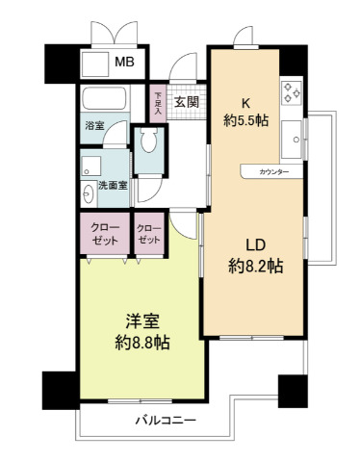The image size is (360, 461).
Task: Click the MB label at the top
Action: [x=124, y=62]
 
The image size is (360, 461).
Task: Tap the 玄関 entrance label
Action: [x=187, y=102]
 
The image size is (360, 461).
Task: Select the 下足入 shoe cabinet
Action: [x=158, y=103]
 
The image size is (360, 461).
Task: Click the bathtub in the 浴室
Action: [x=106, y=98]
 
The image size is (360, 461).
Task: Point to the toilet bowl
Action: [x=149, y=141]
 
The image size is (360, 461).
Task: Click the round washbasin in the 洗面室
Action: [x=88, y=193]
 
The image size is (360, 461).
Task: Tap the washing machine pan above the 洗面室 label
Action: [x=91, y=166]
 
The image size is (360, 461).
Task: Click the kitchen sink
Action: [x=292, y=140]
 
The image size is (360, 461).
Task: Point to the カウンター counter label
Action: [x=273, y=172]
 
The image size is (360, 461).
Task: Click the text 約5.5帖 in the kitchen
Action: [x=246, y=120]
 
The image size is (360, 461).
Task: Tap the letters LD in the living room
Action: [x=255, y=245]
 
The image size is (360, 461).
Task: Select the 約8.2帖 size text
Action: [x=256, y=266]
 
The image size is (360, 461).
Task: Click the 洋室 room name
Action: [x=142, y=321]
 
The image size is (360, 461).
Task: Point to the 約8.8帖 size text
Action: [x=142, y=343]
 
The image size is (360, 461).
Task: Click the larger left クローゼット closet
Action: [x=105, y=234]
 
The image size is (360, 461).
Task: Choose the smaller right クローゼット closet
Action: [x=149, y=234]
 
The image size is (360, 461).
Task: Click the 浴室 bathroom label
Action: [x=94, y=126]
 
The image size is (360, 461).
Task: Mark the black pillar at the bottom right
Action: [x=293, y=391]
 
